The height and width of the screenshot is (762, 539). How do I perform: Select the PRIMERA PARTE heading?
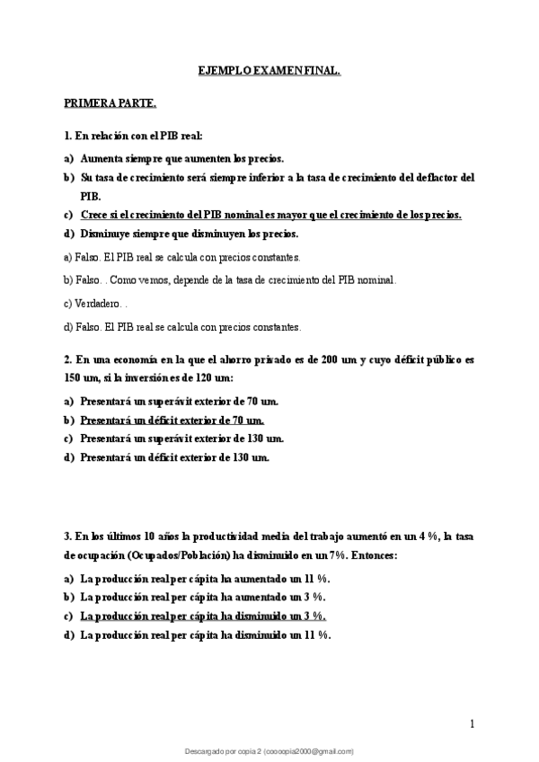[110, 102]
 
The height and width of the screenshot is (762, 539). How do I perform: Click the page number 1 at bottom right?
[472, 723]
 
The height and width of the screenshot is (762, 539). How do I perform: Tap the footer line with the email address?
[269, 750]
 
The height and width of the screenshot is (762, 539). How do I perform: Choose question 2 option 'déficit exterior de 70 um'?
[172, 420]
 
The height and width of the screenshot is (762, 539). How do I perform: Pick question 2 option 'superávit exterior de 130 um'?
[181, 439]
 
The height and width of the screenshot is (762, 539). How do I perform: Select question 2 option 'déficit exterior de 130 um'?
[174, 457]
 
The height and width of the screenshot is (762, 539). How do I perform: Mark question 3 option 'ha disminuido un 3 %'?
[203, 616]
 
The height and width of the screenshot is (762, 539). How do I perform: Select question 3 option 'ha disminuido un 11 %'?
[206, 634]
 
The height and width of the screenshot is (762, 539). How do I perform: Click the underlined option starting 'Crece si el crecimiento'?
[270, 215]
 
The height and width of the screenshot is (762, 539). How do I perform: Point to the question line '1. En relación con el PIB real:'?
[134, 137]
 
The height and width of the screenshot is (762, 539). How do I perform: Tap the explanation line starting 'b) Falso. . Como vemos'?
[230, 279]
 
